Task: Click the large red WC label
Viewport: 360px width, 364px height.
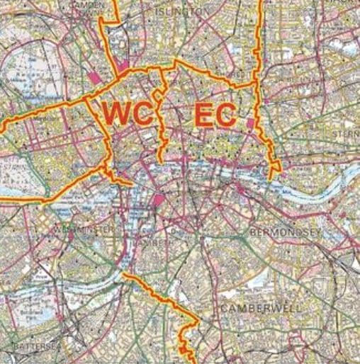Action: pyautogui.click(x=128, y=114)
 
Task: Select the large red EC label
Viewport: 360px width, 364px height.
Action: pyautogui.click(x=213, y=115)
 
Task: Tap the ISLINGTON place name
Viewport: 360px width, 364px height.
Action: pyautogui.click(x=180, y=12)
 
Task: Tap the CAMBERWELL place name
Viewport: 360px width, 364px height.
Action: pyautogui.click(x=260, y=309)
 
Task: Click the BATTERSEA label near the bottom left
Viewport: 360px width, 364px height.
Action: pyautogui.click(x=30, y=346)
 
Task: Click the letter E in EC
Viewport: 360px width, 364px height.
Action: pyautogui.click(x=203, y=115)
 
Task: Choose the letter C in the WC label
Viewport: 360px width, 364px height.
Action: pyautogui.click(x=142, y=114)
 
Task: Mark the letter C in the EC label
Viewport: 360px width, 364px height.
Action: pyautogui.click(x=225, y=115)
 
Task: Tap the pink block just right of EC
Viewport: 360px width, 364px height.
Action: pyautogui.click(x=251, y=124)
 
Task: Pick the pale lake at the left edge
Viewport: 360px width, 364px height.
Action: pyautogui.click(x=13, y=190)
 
